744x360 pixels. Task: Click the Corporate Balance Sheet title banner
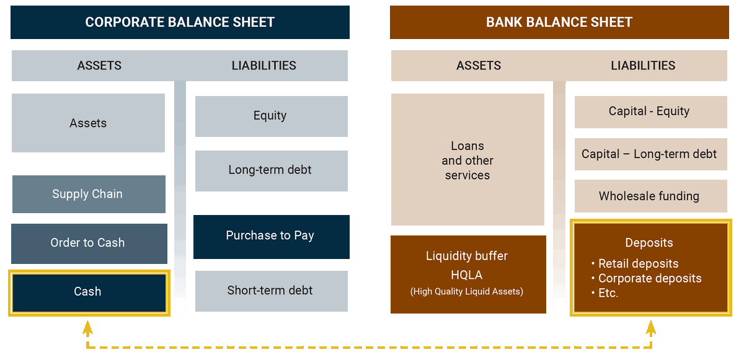[x=180, y=22]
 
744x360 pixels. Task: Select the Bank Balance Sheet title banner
[x=559, y=22]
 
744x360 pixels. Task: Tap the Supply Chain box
[x=89, y=194]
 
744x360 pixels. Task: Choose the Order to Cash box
[x=89, y=244]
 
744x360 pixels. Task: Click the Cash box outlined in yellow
[x=89, y=292]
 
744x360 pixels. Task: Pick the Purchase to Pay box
[x=272, y=237]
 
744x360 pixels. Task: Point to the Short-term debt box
[x=272, y=291]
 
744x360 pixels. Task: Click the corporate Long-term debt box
[x=272, y=171]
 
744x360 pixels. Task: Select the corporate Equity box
[x=272, y=116]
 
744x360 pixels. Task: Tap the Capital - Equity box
[x=650, y=112]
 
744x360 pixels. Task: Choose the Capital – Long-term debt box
[x=650, y=154]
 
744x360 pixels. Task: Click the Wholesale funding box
[x=650, y=196]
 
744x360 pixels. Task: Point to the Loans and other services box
[x=467, y=160]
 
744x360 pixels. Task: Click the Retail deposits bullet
[x=635, y=263]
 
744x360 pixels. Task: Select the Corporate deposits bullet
[x=646, y=278]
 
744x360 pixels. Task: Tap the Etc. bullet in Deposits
[x=605, y=293]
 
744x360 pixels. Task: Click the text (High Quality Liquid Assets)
[x=467, y=291]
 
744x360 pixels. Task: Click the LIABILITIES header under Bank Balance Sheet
[x=643, y=65]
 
